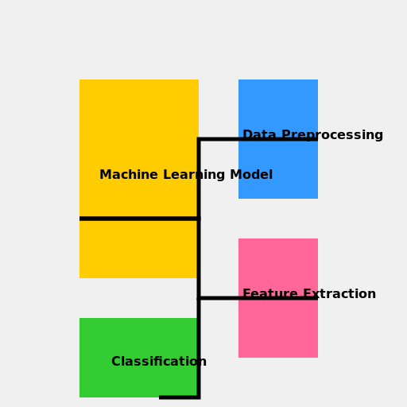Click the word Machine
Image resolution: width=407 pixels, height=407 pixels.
(x=129, y=175)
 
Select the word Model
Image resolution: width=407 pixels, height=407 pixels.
(x=250, y=175)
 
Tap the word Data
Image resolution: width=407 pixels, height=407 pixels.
(x=259, y=135)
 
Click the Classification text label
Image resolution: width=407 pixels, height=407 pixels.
(x=159, y=362)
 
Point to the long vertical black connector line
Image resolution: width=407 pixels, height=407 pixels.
(x=199, y=254)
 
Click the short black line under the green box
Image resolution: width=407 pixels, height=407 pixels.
(x=176, y=397)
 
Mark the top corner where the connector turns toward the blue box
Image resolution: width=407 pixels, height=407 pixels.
(x=199, y=139)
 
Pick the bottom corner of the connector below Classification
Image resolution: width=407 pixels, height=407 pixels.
(x=198, y=397)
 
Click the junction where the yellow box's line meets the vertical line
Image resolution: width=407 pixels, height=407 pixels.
(x=199, y=218)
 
